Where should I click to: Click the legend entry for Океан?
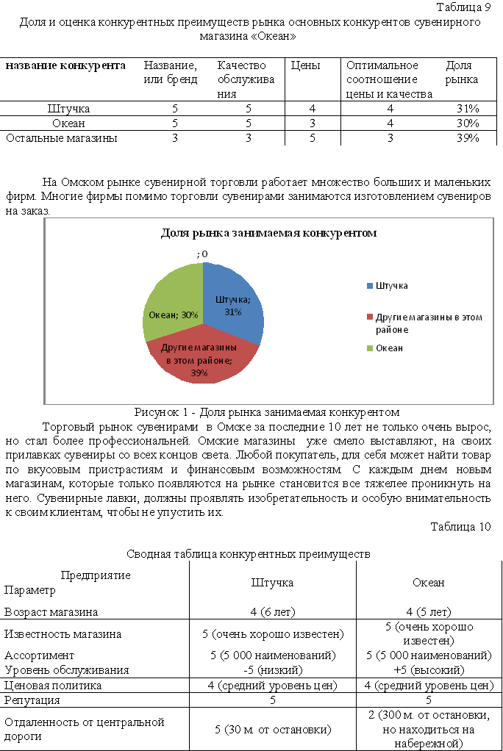click(389, 348)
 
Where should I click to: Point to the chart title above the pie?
click(268, 233)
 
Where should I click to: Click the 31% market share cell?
click(468, 109)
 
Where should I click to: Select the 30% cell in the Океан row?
click(468, 123)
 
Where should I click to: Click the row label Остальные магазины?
click(62, 137)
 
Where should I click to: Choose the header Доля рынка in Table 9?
click(462, 72)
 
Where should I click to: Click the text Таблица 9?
click(463, 8)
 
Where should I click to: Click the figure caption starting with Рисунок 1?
click(267, 412)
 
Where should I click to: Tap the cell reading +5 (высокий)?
click(429, 669)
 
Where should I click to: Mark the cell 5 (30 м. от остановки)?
click(273, 729)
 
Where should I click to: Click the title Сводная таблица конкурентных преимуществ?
click(248, 553)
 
